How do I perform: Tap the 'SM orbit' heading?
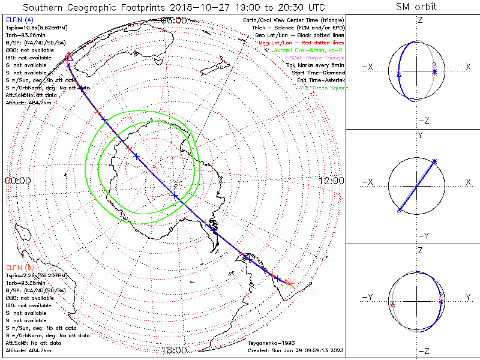(x=416, y=7)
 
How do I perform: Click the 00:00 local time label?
(x=18, y=180)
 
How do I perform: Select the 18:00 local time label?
(x=174, y=350)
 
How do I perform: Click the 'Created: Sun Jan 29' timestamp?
(x=295, y=350)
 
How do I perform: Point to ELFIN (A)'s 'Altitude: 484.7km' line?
(x=28, y=103)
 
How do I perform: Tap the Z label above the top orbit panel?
(x=419, y=20)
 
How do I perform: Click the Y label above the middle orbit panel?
(x=419, y=136)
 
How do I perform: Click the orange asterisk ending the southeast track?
(x=289, y=283)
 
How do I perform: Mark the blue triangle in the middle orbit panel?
(x=399, y=210)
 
